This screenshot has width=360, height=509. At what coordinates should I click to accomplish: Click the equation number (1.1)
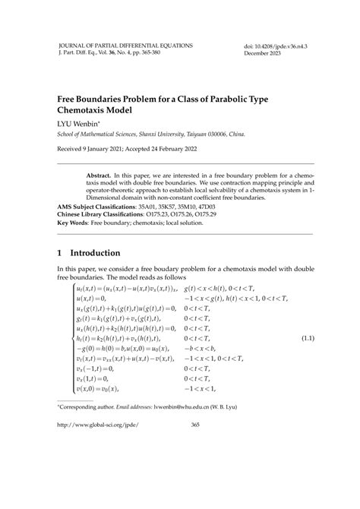tap(308, 337)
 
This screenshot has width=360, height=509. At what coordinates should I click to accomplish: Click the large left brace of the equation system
tap(72, 337)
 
